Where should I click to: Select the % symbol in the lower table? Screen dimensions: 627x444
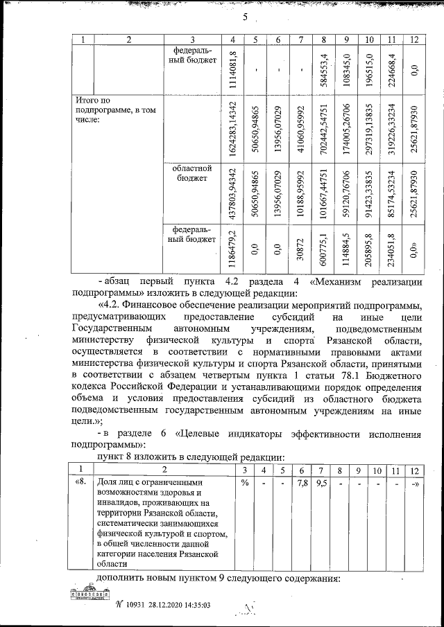click(x=244, y=482)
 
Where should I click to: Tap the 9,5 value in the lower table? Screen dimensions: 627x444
click(x=321, y=482)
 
